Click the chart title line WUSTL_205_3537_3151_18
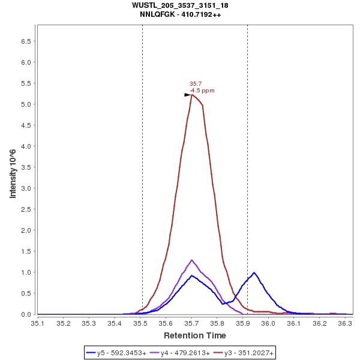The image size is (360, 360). click(180, 5)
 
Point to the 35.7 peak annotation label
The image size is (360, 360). click(195, 84)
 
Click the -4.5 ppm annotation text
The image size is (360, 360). click(202, 91)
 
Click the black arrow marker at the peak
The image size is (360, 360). click(187, 95)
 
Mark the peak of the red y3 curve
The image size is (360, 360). click(192, 95)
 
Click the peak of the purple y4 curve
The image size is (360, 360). click(192, 260)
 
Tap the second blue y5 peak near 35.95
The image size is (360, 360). click(254, 272)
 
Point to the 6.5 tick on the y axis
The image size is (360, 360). click(26, 41)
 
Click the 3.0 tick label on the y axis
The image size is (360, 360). click(26, 188)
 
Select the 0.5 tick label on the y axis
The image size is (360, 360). click(26, 293)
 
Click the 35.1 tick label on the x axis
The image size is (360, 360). click(38, 323)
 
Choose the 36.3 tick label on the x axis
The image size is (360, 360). click(346, 323)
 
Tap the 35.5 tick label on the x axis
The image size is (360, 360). click(140, 323)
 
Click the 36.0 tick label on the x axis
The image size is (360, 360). click(269, 323)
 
